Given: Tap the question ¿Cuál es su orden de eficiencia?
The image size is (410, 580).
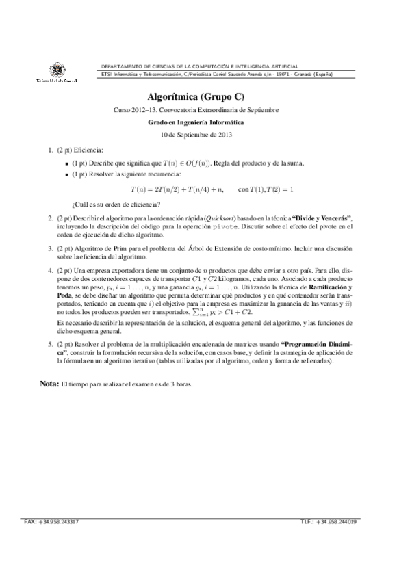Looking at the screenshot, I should point(116,203).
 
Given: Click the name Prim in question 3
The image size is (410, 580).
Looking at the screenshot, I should point(133,250).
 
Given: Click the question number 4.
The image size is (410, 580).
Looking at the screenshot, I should point(50,271).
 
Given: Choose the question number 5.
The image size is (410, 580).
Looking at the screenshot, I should point(50,344).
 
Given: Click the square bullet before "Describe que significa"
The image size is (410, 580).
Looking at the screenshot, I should point(66,164).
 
